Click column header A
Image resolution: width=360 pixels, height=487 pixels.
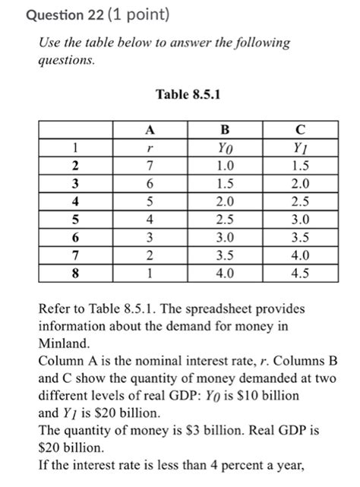click(151, 130)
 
